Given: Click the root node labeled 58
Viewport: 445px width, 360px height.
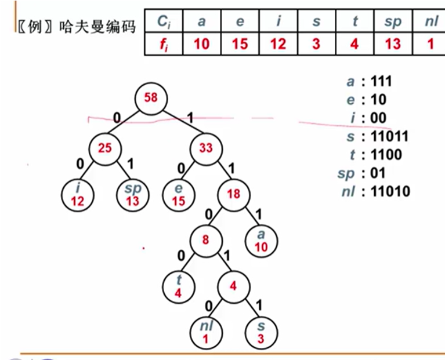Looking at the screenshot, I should click(x=150, y=98).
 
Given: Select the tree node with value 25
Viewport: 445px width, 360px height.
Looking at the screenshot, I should click(x=104, y=148).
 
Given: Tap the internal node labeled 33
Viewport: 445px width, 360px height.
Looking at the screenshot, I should click(x=205, y=148).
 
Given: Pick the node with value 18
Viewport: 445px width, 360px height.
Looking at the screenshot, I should click(x=233, y=194).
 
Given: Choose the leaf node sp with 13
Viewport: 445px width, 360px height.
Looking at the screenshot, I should click(x=133, y=195).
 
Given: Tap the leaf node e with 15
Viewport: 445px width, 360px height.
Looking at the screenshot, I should click(x=178, y=195).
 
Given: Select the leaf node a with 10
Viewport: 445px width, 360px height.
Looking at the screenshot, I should click(x=261, y=240).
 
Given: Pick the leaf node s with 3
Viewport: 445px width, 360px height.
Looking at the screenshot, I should click(x=261, y=332).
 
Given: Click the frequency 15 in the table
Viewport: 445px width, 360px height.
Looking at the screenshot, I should click(x=240, y=44).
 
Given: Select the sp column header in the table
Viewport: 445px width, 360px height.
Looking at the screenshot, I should click(x=393, y=22).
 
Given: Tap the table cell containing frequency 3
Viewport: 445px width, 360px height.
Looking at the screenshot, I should click(x=316, y=44).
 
